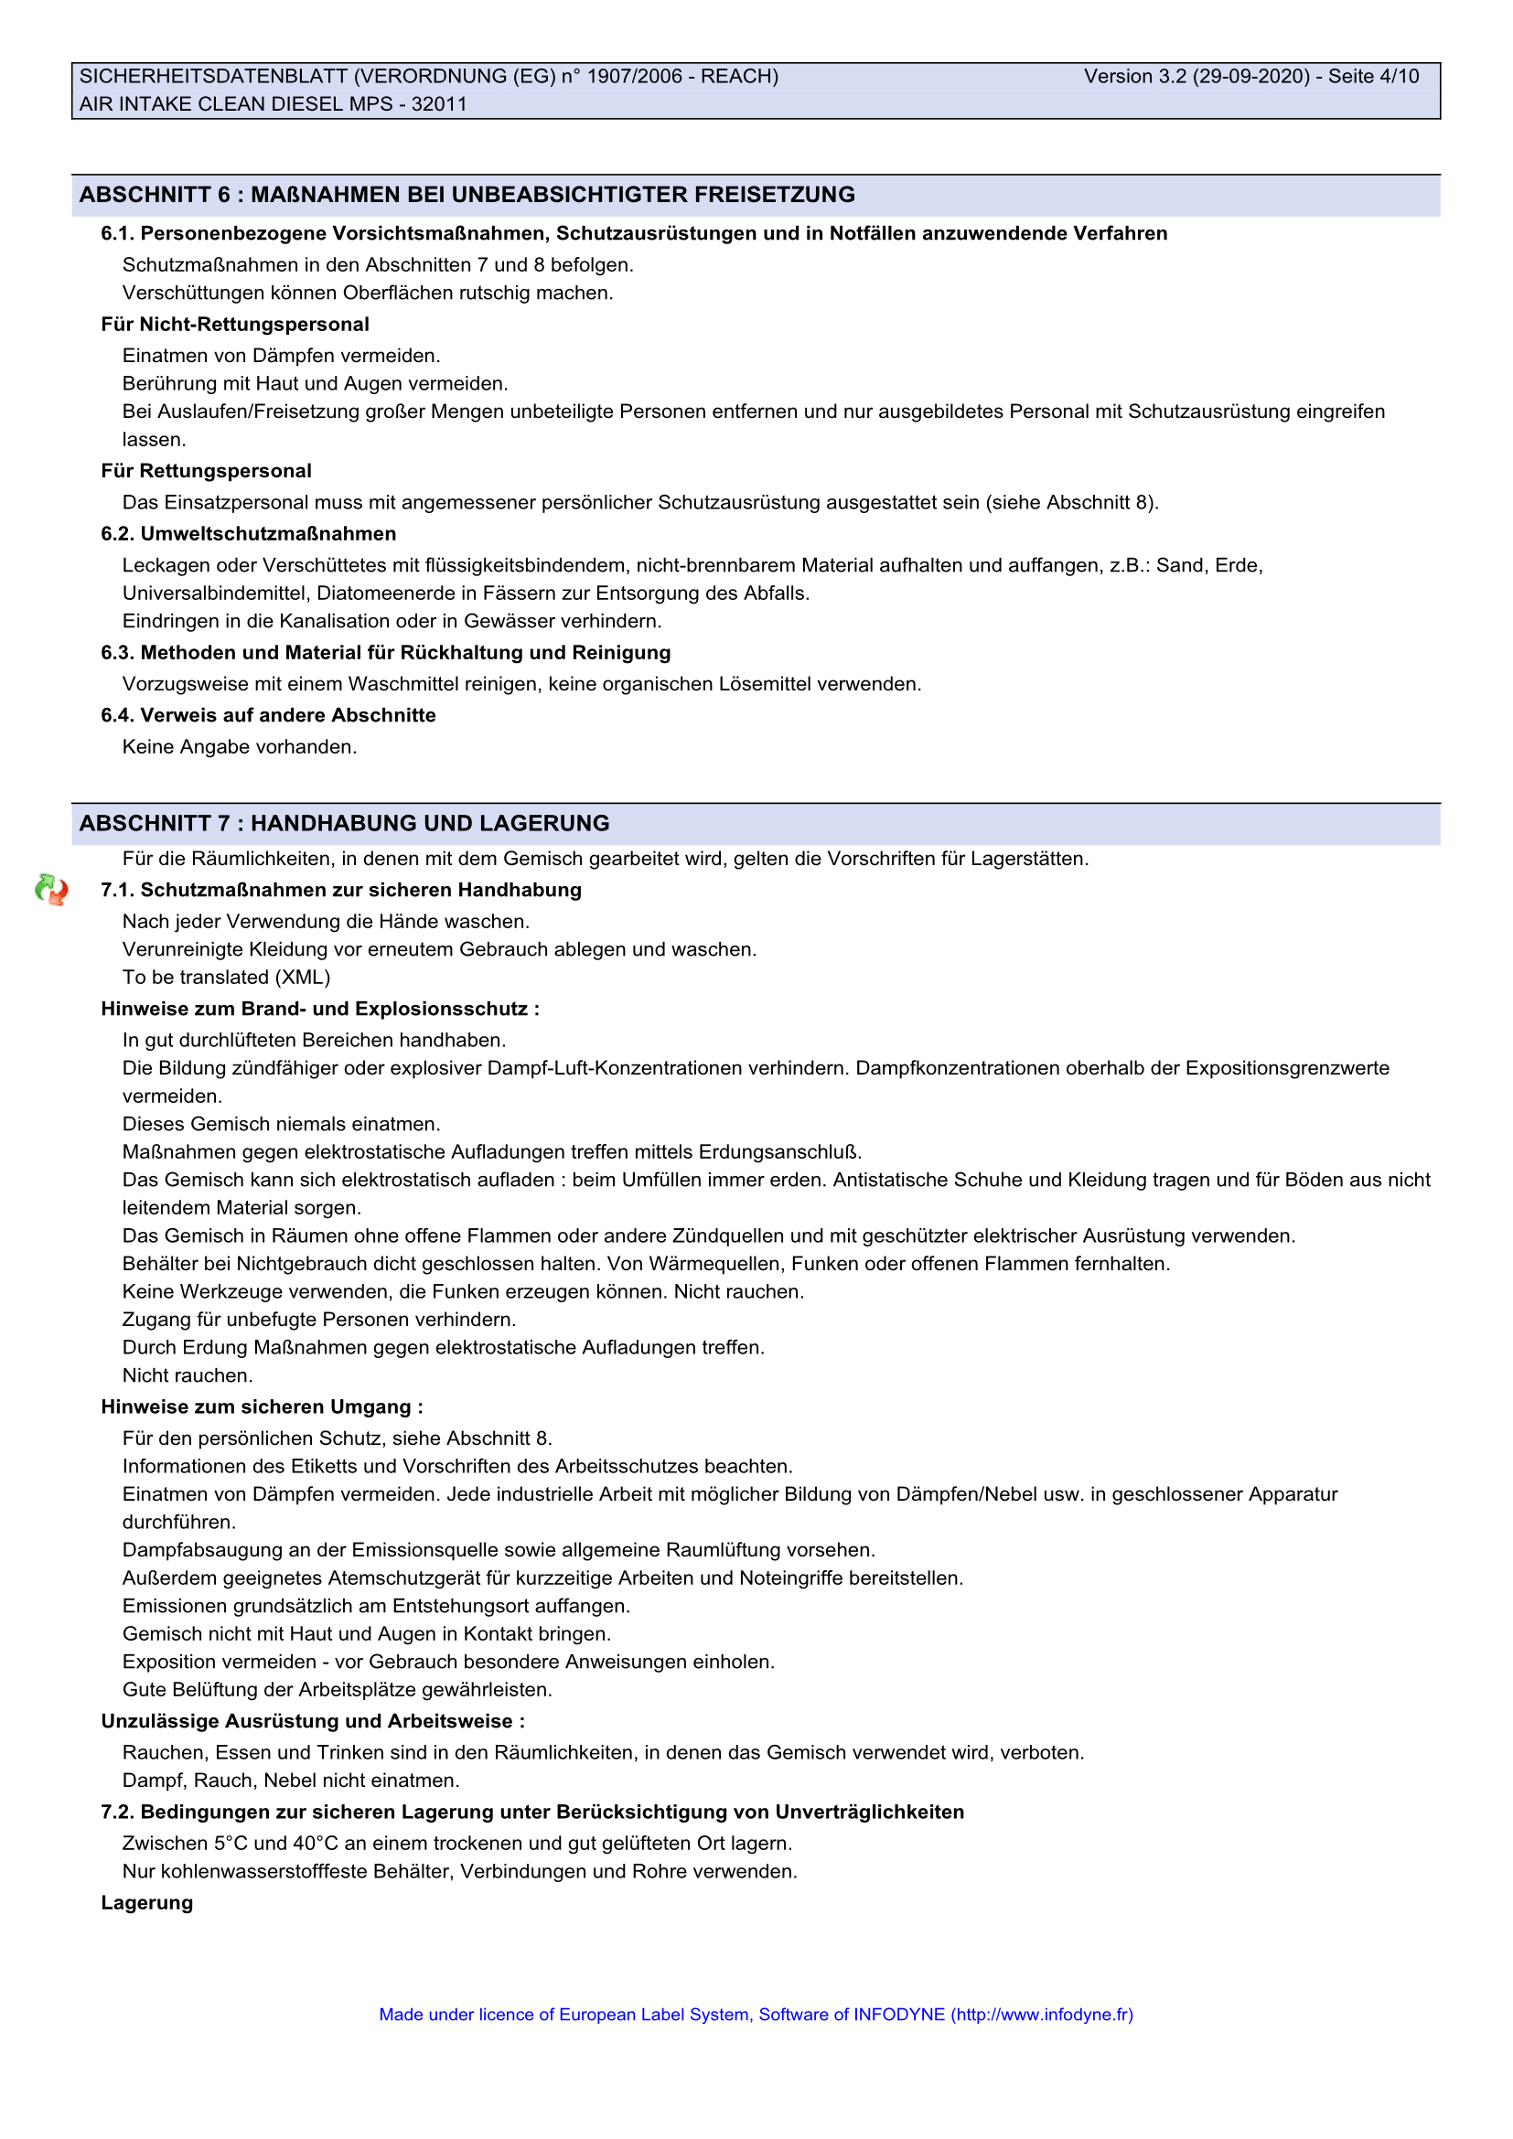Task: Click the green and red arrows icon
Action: [x=51, y=890]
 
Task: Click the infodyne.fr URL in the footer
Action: [x=1042, y=2014]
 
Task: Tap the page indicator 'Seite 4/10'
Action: [x=1373, y=77]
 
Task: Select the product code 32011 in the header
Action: [x=439, y=104]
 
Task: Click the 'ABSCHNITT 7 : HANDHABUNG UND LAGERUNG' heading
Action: [x=344, y=824]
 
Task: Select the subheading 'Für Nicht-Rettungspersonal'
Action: [x=235, y=325]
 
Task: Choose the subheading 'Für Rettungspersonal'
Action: [x=206, y=470]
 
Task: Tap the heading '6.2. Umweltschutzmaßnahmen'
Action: [x=249, y=534]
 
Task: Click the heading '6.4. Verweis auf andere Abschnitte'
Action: [x=268, y=715]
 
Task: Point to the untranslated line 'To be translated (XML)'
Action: [x=226, y=978]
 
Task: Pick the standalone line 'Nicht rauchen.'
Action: [x=188, y=1375]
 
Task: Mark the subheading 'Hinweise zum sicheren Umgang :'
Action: [x=262, y=1406]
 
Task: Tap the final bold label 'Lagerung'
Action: [x=147, y=1902]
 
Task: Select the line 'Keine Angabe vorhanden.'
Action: [x=240, y=747]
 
